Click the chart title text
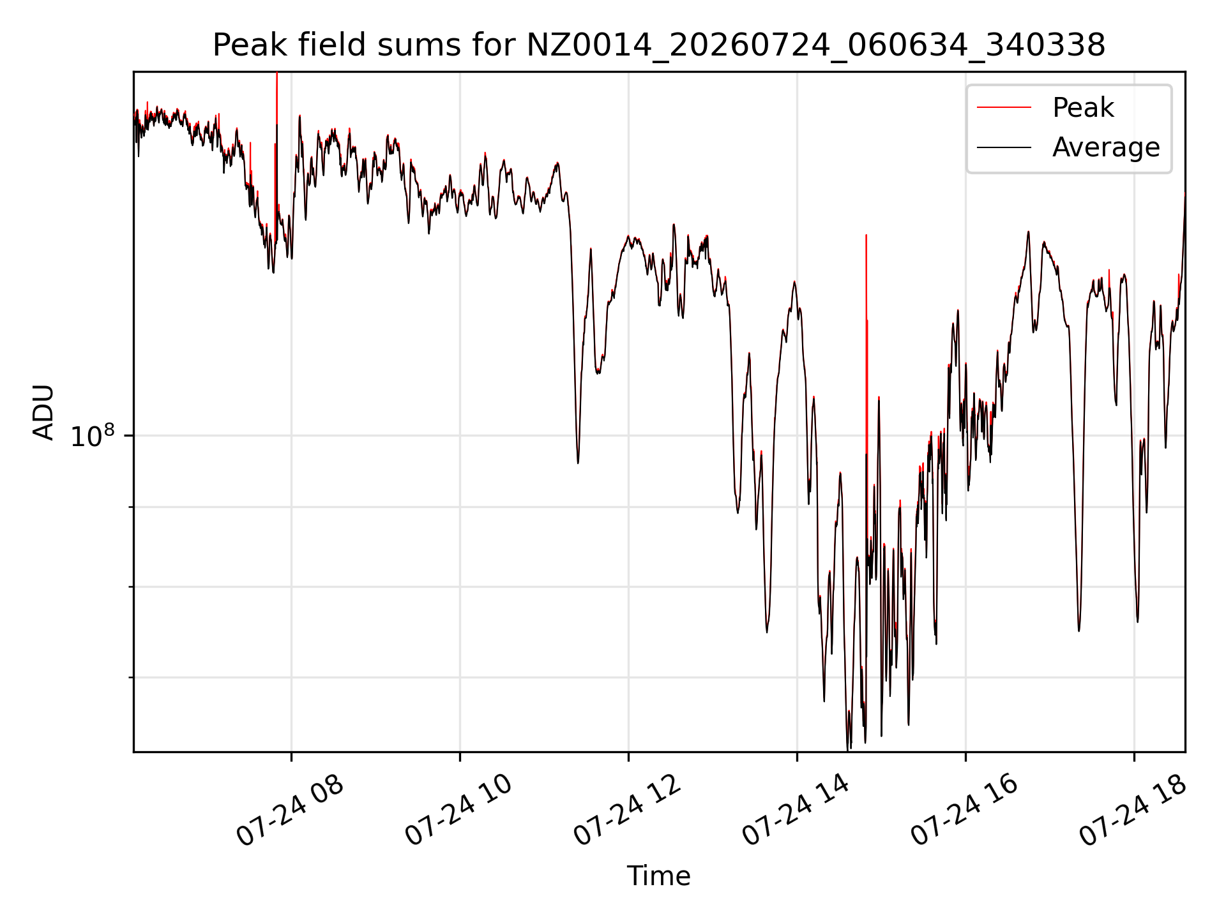[x=659, y=45]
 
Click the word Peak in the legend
[x=1083, y=107]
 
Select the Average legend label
[x=1106, y=147]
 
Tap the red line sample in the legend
[x=1004, y=107]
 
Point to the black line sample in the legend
[x=1004, y=147]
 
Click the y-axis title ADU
[x=43, y=412]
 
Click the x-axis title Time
[x=659, y=876]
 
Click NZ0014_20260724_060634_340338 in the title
[x=816, y=45]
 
